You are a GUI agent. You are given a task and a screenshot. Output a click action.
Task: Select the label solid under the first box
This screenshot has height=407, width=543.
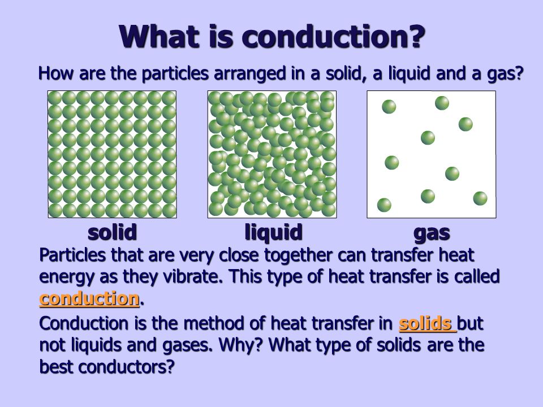pos(112,232)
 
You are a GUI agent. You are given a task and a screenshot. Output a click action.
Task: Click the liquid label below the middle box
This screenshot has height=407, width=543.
pos(274,232)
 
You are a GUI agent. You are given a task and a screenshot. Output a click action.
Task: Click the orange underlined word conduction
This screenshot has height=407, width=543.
pos(89,298)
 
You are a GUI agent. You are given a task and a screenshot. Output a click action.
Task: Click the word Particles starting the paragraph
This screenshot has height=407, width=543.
pos(72,255)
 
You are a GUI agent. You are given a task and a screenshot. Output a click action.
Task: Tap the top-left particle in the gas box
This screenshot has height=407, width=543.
pos(389,107)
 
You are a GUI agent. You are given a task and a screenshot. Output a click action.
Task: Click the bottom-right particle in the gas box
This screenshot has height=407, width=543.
pos(480,198)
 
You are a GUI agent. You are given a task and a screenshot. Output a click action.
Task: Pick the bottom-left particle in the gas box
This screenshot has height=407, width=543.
pos(384,205)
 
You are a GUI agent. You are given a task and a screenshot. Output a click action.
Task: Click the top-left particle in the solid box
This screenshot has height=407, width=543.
pos(55,98)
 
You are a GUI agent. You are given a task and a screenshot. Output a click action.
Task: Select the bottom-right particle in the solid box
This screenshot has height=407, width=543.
pos(169,210)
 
